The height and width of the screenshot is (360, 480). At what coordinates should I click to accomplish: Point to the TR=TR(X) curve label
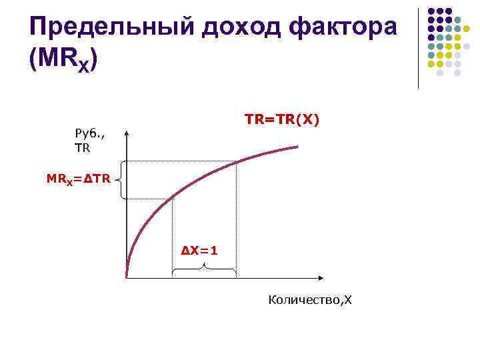(282, 119)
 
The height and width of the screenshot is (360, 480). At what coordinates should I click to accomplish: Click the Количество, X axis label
(309, 300)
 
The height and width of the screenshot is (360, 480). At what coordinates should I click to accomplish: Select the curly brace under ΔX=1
(204, 269)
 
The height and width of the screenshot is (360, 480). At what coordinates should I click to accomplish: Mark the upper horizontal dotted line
(180, 161)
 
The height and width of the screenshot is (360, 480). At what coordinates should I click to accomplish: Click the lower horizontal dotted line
(149, 198)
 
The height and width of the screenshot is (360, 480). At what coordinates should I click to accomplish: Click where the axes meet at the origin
(127, 276)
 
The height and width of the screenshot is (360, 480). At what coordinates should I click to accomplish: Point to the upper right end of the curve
(297, 146)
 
